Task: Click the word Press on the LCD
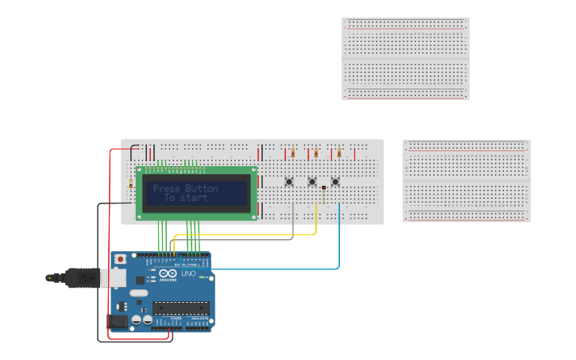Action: click(x=166, y=188)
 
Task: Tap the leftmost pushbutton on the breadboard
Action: click(x=289, y=182)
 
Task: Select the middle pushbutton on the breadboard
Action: click(x=312, y=182)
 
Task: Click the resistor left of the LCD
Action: click(x=130, y=185)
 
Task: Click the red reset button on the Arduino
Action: click(x=120, y=259)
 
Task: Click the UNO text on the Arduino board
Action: click(x=188, y=273)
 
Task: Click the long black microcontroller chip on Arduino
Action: click(x=181, y=308)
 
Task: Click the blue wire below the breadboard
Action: click(x=339, y=238)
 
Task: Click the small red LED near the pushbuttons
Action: click(x=324, y=188)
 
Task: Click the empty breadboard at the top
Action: click(x=405, y=59)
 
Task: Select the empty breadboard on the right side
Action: click(x=466, y=180)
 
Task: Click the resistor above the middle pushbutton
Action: click(x=316, y=153)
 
